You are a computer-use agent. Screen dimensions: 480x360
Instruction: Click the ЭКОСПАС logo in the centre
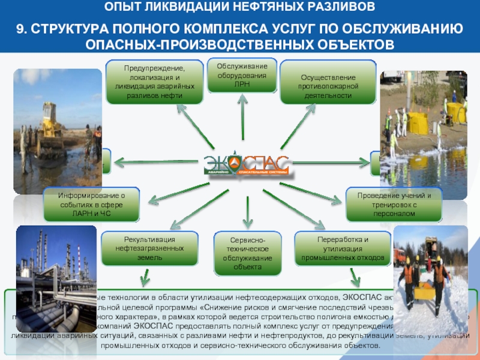[246, 164]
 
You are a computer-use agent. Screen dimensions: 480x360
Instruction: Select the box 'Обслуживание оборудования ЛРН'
[242, 75]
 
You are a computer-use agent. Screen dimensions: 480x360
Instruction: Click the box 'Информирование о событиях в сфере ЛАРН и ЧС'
[91, 204]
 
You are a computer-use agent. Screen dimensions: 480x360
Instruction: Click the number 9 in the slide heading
[20, 29]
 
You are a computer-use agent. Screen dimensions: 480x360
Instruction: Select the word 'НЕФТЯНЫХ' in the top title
[232, 8]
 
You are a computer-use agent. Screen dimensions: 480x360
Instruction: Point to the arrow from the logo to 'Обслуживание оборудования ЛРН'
[243, 123]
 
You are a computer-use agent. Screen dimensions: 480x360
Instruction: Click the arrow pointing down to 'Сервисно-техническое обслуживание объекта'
[246, 206]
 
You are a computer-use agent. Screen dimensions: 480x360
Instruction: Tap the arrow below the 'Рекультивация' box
[145, 277]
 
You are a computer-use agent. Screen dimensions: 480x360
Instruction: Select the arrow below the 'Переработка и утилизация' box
[356, 276]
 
